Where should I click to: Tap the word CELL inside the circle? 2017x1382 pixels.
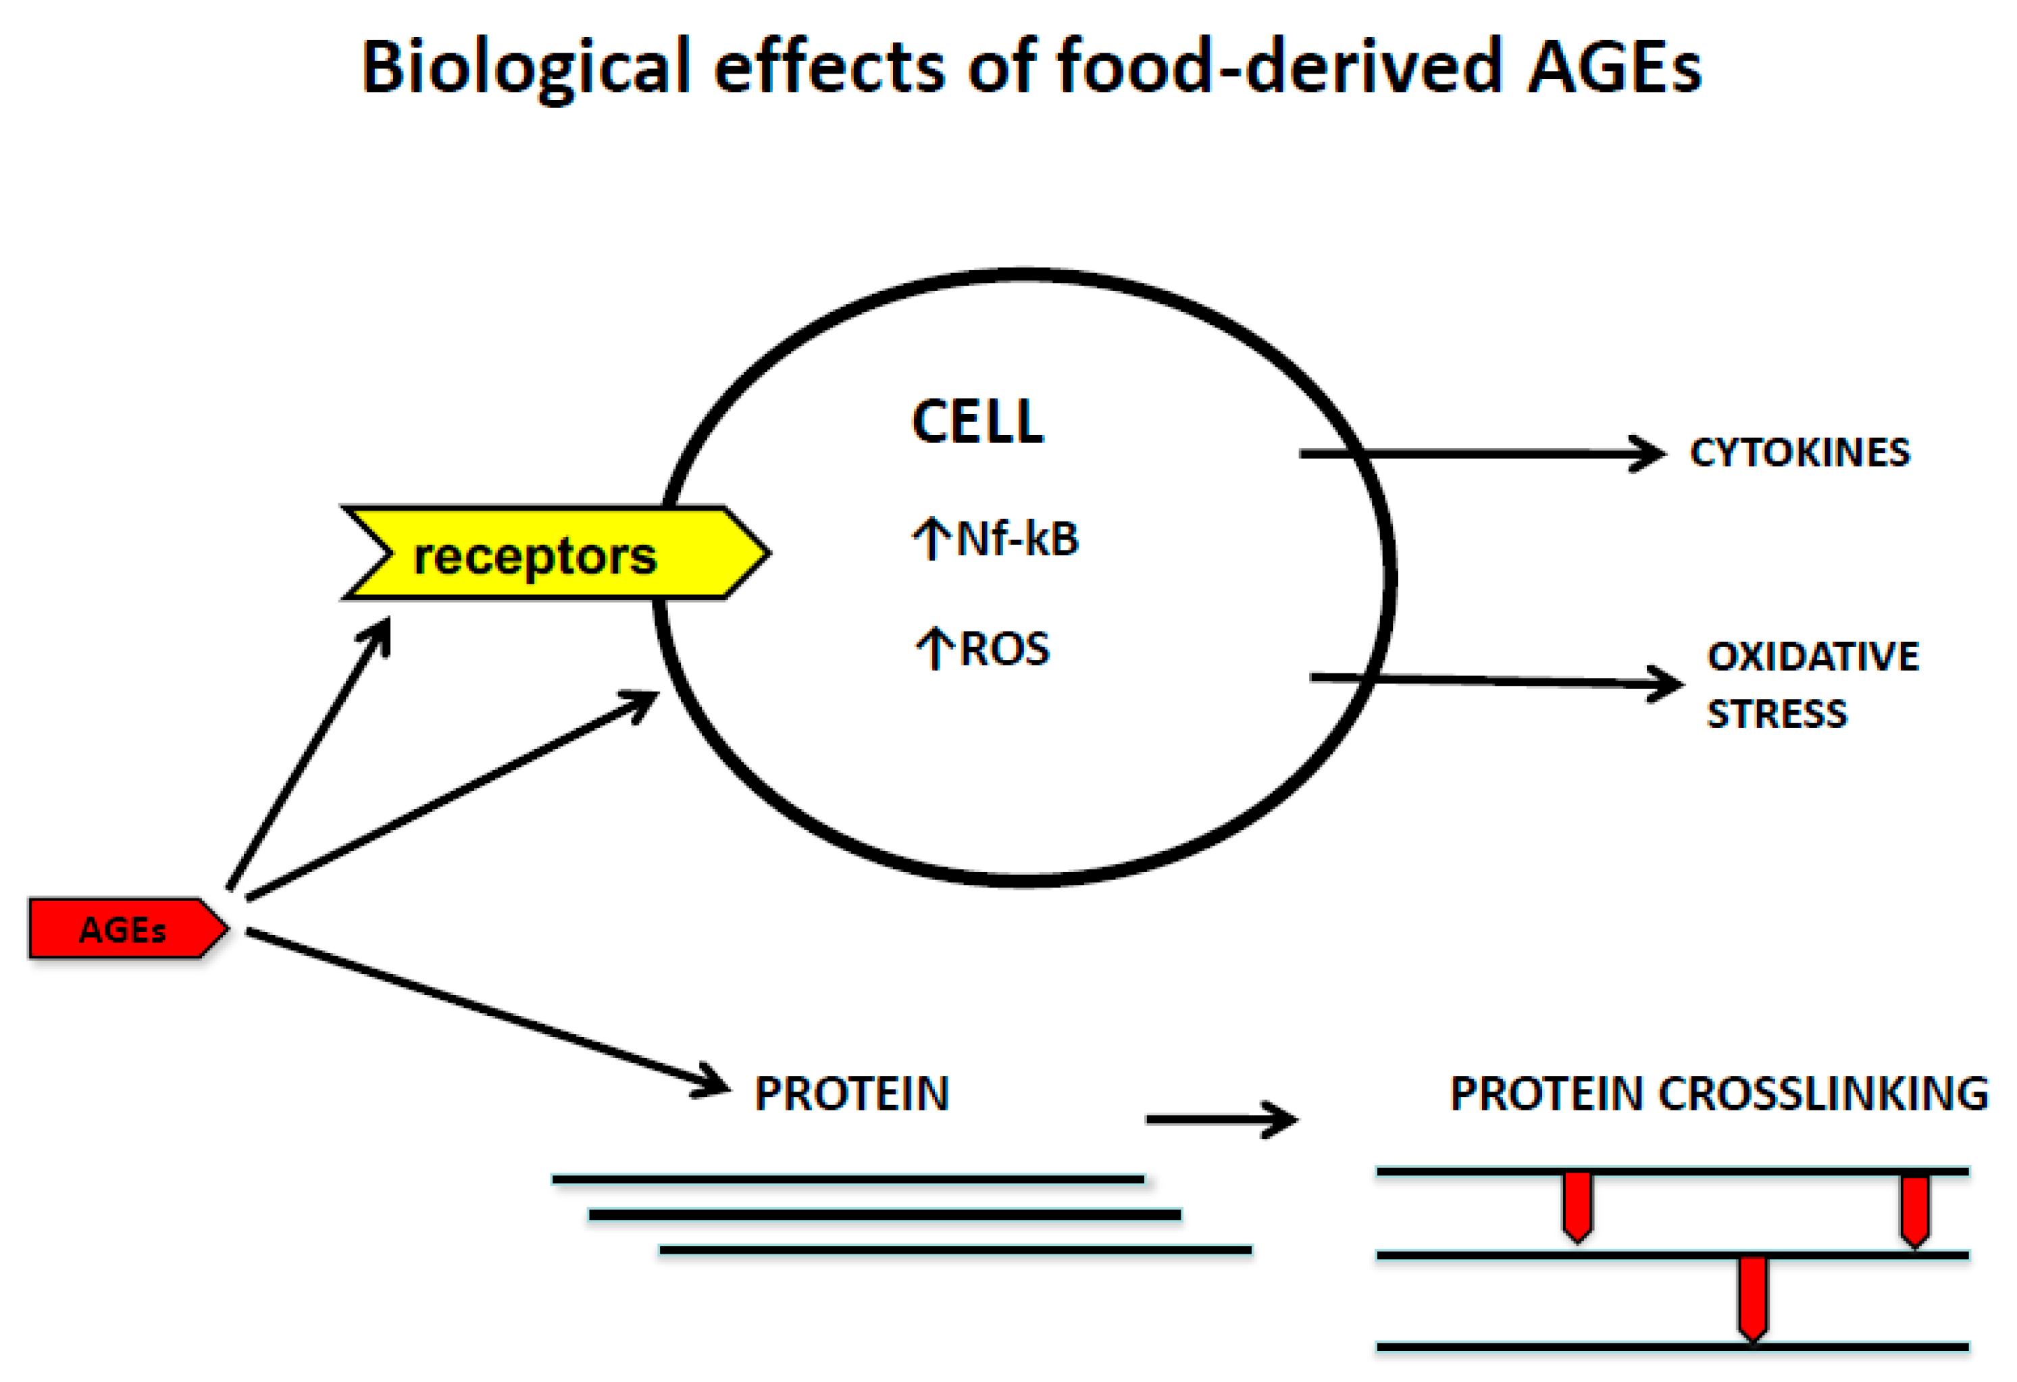pyautogui.click(x=977, y=423)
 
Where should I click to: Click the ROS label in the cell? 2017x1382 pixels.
pyautogui.click(x=1005, y=648)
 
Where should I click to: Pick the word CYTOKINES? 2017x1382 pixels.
pyautogui.click(x=1799, y=453)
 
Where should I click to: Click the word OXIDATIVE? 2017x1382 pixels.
pyautogui.click(x=1812, y=657)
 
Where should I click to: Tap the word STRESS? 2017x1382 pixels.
pyautogui.click(x=1777, y=713)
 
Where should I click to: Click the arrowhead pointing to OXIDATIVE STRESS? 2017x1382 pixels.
pyautogui.click(x=1664, y=684)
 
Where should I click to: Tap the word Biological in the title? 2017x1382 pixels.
pyautogui.click(x=525, y=68)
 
